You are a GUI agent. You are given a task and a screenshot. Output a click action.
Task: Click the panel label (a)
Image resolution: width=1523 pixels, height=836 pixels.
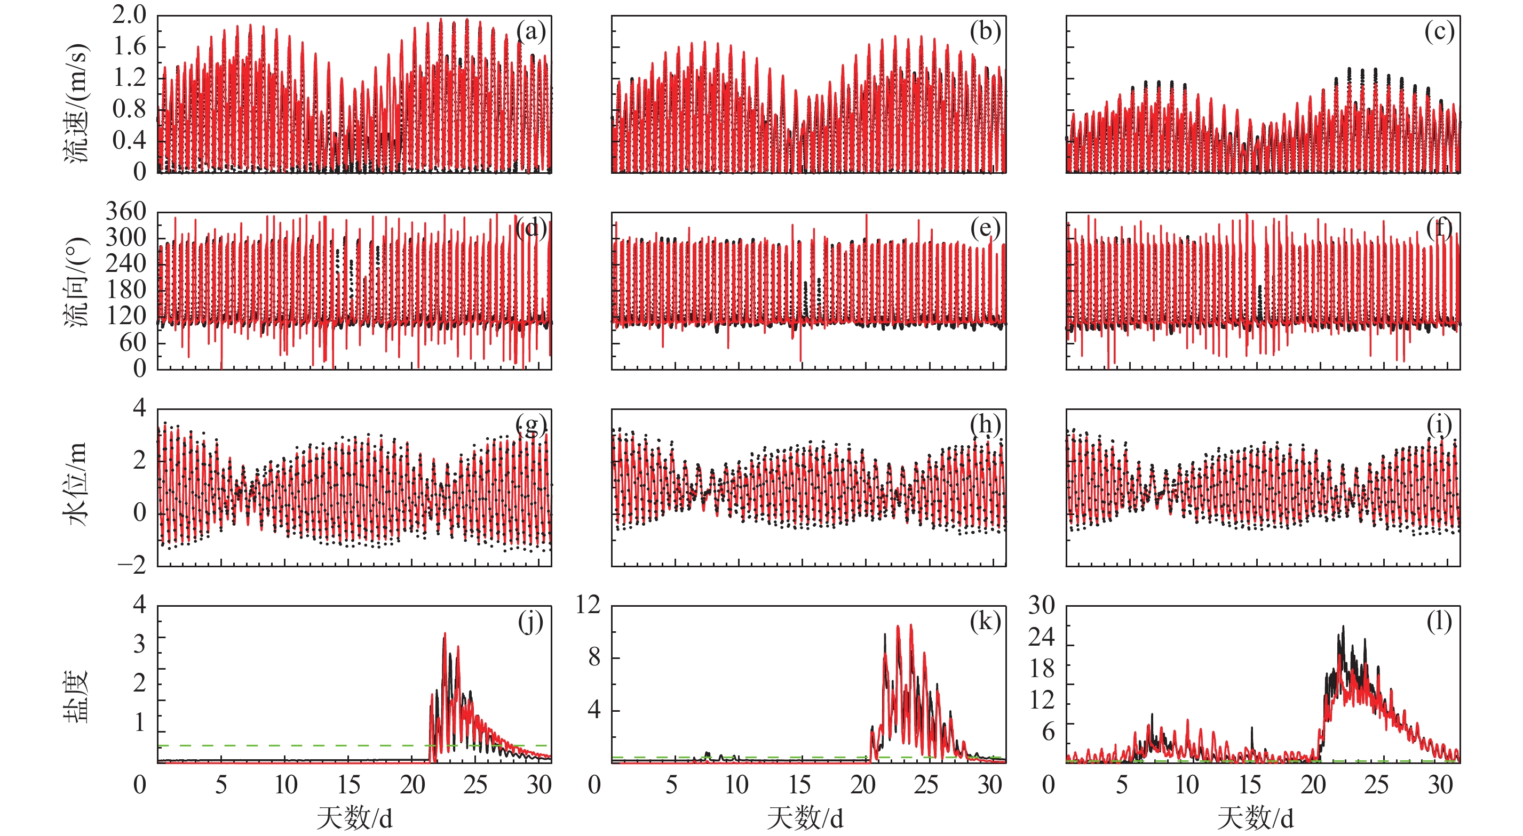[531, 31]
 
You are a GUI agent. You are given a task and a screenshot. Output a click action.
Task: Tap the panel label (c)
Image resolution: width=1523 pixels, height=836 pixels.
[1439, 31]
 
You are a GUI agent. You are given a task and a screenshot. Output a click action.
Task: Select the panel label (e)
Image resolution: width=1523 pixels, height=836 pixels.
[985, 228]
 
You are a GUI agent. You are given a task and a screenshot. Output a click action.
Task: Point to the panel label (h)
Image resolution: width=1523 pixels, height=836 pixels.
[985, 425]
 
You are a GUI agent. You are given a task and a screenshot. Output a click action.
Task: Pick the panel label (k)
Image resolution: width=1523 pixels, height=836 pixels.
[985, 622]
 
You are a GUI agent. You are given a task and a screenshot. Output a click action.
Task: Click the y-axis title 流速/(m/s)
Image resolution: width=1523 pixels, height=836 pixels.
[76, 103]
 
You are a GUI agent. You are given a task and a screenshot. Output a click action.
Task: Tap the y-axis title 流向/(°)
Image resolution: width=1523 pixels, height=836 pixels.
[76, 283]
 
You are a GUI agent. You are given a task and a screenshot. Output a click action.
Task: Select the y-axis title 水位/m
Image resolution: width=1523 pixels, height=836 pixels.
[76, 483]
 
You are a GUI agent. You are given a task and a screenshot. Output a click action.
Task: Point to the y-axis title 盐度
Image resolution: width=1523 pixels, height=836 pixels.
[76, 696]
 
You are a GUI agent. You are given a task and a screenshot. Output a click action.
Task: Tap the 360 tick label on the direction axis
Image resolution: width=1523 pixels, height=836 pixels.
[126, 211]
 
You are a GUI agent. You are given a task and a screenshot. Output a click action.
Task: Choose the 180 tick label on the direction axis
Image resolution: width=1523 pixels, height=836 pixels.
[126, 290]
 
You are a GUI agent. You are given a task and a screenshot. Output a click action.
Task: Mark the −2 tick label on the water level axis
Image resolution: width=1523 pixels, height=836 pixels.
[132, 565]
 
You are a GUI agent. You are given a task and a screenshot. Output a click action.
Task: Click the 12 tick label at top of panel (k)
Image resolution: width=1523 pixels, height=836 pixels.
[588, 605]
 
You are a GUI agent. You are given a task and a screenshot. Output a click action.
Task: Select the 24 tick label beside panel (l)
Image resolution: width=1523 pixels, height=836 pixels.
[1042, 637]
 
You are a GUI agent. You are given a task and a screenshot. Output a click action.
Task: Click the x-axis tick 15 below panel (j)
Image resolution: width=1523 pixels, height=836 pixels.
[349, 785]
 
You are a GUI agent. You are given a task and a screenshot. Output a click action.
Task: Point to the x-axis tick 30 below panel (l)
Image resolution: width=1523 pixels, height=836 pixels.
[1440, 785]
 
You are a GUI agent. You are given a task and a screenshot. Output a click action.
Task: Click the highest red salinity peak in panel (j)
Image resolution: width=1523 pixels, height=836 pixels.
[445, 634]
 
